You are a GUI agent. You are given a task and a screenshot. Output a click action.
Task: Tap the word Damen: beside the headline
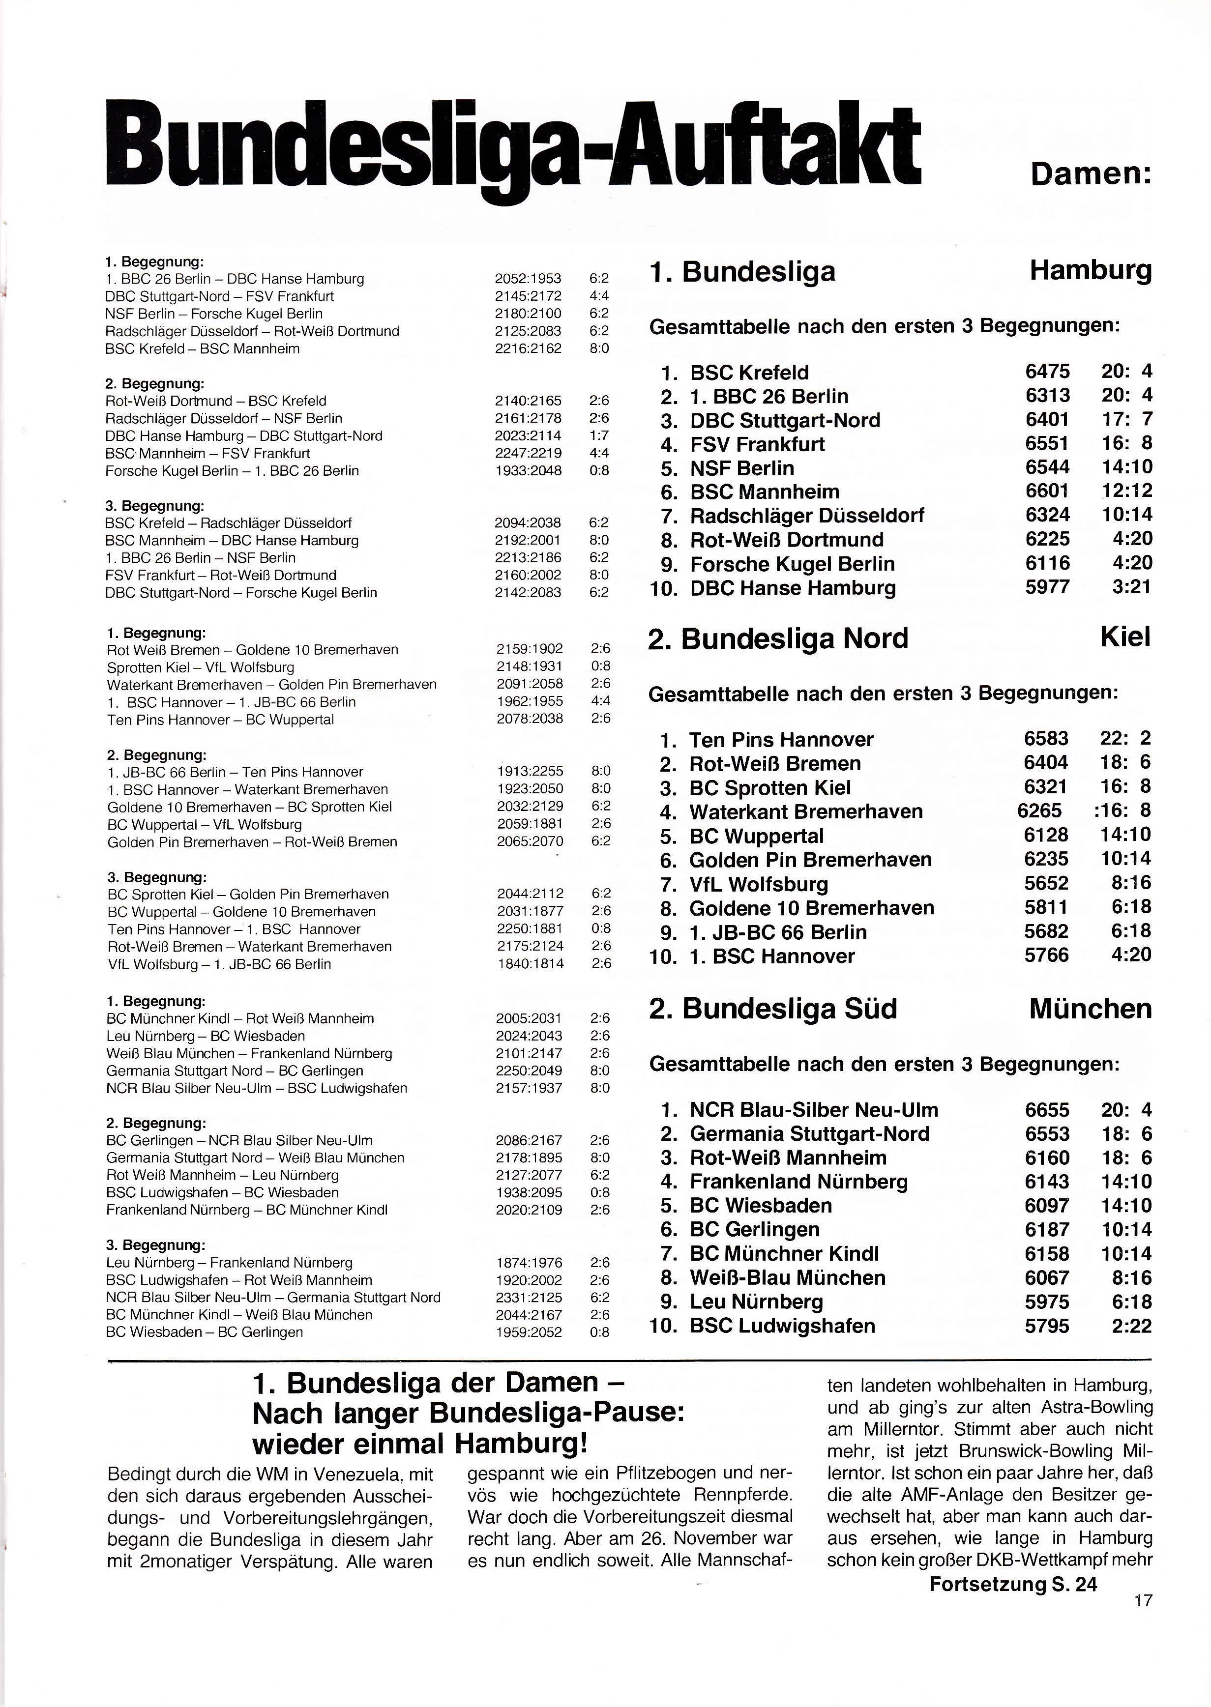tap(1091, 174)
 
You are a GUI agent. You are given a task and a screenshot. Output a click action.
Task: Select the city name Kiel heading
tap(1125, 637)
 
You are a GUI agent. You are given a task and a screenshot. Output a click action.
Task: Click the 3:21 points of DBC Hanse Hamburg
tap(1131, 587)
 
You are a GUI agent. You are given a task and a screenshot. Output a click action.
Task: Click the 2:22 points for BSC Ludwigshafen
tap(1131, 1326)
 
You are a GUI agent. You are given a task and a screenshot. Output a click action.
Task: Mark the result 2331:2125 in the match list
tap(529, 1297)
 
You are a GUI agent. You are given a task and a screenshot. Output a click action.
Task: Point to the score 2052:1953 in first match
tap(528, 279)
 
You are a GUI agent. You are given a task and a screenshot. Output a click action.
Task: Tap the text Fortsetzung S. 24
tap(1013, 1584)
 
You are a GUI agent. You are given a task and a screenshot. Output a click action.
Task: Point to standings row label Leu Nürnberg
tap(756, 1302)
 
